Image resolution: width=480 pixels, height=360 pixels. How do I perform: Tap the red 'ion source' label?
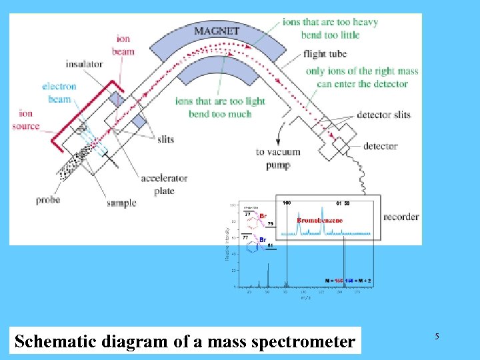(x=29, y=119)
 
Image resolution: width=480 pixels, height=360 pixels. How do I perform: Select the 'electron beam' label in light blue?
(x=59, y=93)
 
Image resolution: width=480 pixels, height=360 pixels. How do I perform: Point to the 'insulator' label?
(x=84, y=64)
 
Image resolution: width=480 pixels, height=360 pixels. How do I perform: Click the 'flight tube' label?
(x=323, y=53)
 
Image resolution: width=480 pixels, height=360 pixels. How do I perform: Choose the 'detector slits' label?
(x=383, y=115)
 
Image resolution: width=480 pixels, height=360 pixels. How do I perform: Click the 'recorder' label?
(x=401, y=217)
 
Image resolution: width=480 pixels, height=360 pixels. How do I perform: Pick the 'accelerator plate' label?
(x=163, y=185)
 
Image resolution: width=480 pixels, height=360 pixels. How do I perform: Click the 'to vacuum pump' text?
(x=278, y=158)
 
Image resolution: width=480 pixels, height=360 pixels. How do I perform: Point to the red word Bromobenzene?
(x=319, y=220)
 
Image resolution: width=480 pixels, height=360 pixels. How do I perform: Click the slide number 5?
(x=437, y=337)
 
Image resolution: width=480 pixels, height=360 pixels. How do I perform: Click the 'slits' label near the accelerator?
(x=165, y=139)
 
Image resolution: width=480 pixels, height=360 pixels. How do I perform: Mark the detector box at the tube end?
(x=345, y=145)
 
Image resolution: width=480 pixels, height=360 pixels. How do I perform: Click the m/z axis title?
(x=304, y=298)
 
